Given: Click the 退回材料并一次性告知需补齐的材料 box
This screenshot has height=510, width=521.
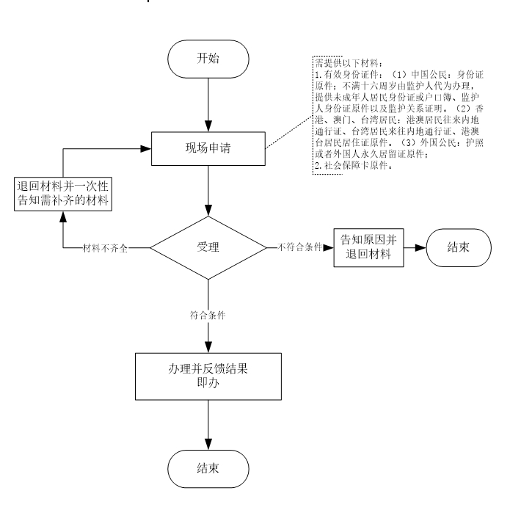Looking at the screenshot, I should coord(64,192).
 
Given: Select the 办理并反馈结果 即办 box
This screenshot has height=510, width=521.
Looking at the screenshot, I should coord(209,376).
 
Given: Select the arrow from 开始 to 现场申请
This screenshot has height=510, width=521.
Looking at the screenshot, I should coord(209,105).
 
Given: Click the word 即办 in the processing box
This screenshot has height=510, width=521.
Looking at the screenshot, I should coord(208,382).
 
